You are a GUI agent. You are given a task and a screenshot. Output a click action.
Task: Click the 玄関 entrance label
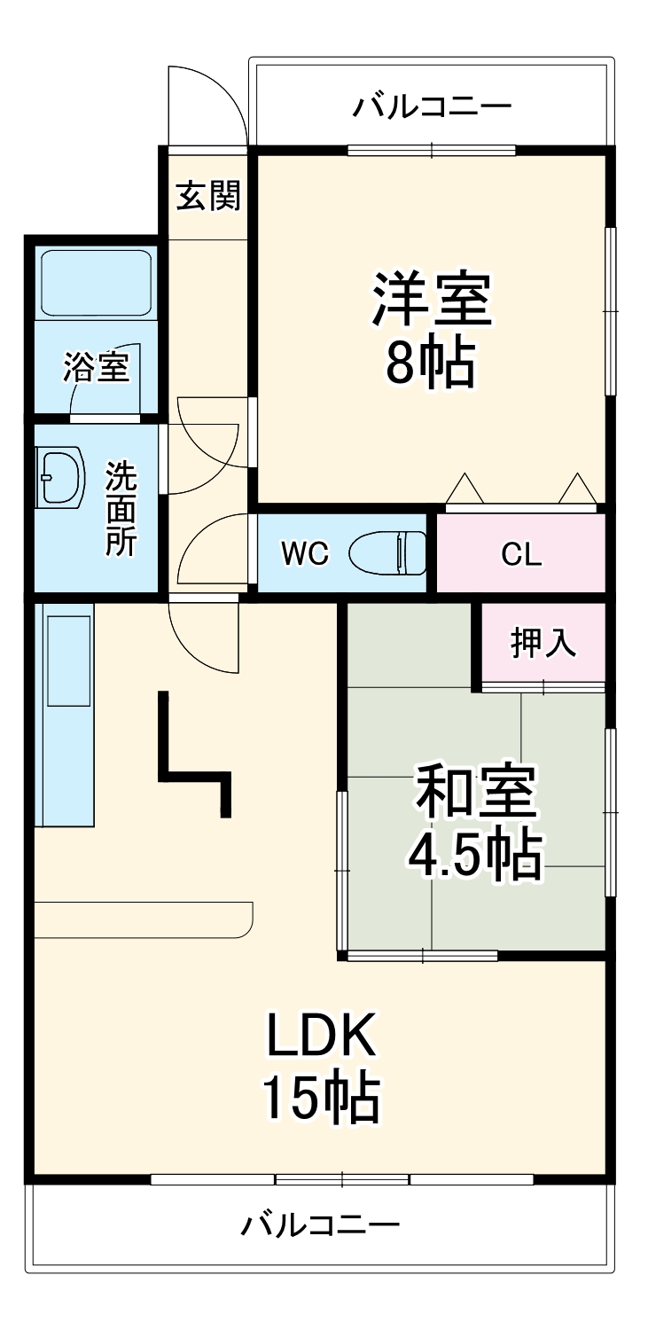[x=207, y=196]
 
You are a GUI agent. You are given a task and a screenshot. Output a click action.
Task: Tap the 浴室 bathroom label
[x=96, y=367]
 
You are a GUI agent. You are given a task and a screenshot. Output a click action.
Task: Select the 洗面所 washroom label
[x=121, y=509]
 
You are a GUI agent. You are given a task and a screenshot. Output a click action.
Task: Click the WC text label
[x=305, y=554]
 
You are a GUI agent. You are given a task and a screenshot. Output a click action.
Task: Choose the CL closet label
[x=520, y=555]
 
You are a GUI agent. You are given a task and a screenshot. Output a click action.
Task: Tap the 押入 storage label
[x=543, y=644]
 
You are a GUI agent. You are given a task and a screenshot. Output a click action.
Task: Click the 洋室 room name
[x=432, y=300]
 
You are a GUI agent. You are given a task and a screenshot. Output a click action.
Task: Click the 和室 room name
[x=476, y=792]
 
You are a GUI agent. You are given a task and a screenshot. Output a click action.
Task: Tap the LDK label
[x=323, y=1035]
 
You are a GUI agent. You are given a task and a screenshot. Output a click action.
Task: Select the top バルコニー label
[x=432, y=107]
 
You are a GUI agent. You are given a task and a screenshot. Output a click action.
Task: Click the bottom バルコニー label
[x=320, y=1226]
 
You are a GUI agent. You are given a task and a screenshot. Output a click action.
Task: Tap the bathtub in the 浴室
[x=96, y=284]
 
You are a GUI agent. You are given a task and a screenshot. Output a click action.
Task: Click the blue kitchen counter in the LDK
[x=64, y=715]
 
